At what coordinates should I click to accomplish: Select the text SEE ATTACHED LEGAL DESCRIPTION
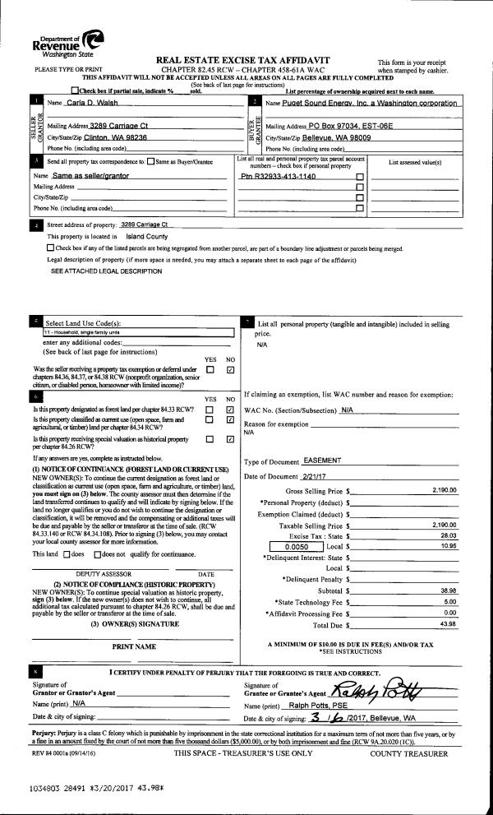106,271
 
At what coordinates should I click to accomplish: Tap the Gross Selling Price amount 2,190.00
443,490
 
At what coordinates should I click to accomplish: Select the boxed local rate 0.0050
296,545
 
